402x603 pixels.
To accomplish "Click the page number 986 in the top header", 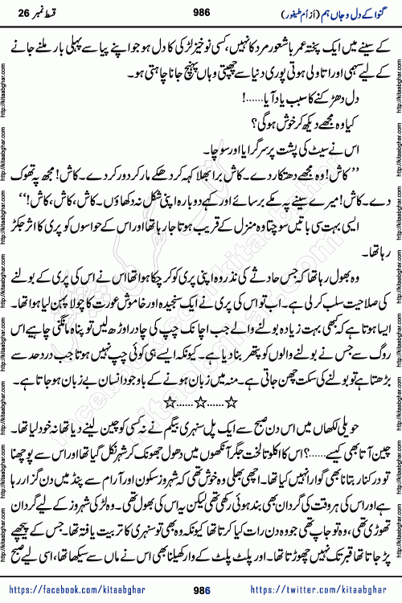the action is pos(201,14).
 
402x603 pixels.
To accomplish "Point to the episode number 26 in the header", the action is pos(39,14).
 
